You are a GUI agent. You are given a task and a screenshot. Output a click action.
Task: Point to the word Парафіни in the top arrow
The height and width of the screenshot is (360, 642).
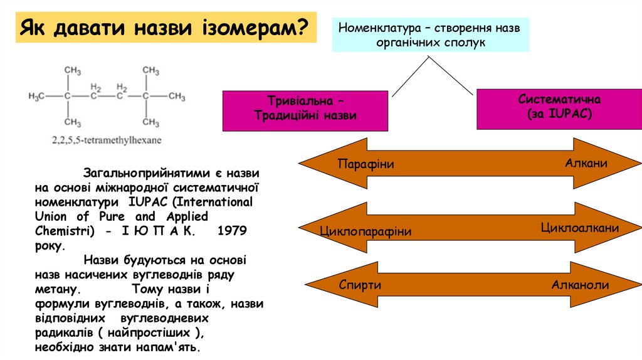tap(366, 164)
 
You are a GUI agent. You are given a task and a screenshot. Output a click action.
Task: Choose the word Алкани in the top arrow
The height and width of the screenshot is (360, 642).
tap(586, 163)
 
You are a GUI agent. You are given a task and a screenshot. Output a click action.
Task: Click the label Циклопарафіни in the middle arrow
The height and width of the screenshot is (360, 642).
tap(366, 231)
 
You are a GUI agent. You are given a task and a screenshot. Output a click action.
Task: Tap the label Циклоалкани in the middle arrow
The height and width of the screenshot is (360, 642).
tap(580, 228)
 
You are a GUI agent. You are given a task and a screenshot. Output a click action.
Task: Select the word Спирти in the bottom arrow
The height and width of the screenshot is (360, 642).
tap(360, 285)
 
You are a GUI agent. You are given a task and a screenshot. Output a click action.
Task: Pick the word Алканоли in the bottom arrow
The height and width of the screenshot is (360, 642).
tap(580, 285)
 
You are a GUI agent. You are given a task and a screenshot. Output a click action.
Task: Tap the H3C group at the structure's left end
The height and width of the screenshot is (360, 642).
tap(38, 97)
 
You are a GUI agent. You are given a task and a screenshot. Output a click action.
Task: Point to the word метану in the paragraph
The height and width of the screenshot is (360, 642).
tap(57, 290)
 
